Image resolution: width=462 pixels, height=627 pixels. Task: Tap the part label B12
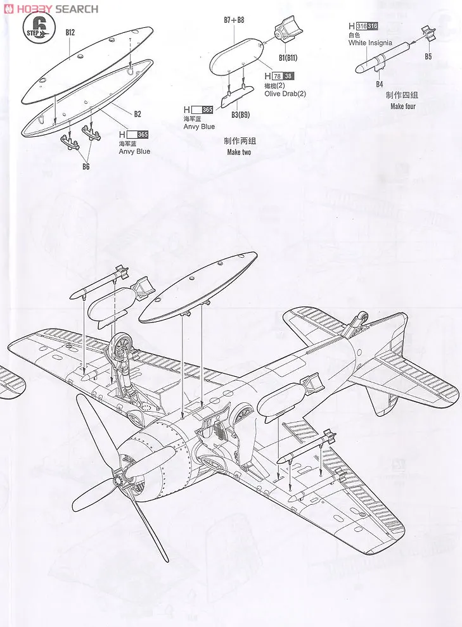70,32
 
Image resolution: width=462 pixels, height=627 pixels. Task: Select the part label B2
138,114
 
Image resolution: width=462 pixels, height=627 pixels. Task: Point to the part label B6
86,167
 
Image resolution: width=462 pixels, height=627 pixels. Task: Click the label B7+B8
234,20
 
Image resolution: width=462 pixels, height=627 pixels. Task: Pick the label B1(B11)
288,58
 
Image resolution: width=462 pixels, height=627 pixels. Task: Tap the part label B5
428,57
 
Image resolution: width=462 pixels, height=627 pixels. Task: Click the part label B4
380,84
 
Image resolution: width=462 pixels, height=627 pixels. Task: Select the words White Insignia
370,43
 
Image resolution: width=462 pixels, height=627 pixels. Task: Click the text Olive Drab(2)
285,94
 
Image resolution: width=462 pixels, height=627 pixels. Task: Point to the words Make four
402,106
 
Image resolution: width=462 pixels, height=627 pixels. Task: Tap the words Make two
239,153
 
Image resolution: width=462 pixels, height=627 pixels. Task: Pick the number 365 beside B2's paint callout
142,134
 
